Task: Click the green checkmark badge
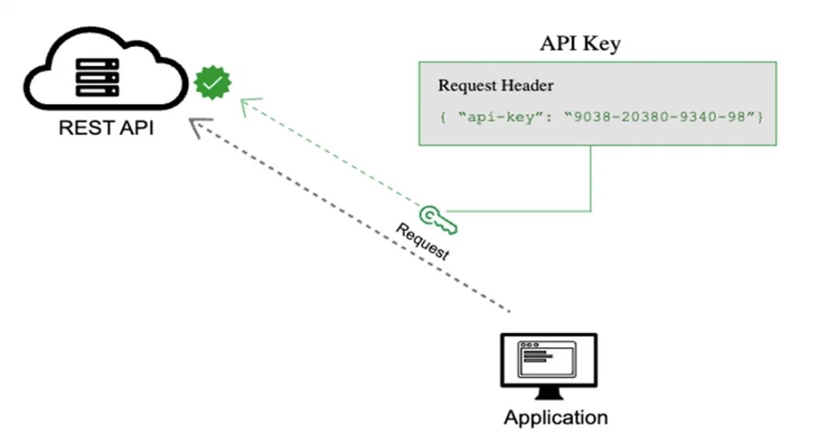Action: click(213, 82)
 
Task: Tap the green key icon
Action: click(437, 221)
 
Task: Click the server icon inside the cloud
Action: click(96, 78)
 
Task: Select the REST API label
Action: click(106, 128)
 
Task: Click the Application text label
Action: click(555, 417)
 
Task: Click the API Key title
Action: click(580, 43)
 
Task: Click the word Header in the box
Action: click(527, 86)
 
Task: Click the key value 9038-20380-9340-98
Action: click(661, 117)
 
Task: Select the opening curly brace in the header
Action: click(441, 117)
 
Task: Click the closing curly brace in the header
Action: click(761, 117)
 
